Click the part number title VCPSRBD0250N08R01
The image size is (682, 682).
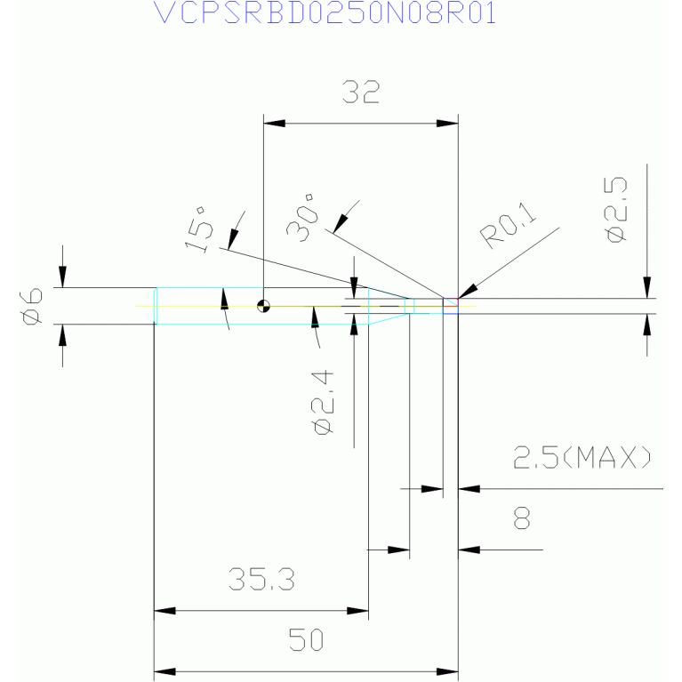(x=325, y=13)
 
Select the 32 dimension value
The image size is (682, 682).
(x=361, y=92)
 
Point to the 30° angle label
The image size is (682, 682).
(x=301, y=218)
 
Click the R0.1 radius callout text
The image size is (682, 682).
(x=508, y=226)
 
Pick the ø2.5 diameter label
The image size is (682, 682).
(x=616, y=210)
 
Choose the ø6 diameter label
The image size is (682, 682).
(x=32, y=306)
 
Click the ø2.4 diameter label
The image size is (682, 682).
(x=323, y=403)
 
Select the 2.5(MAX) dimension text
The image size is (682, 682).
(x=582, y=457)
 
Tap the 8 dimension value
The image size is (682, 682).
(x=522, y=518)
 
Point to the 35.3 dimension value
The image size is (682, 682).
(x=261, y=579)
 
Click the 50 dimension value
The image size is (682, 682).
(x=306, y=639)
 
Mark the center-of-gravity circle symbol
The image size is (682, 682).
(x=263, y=306)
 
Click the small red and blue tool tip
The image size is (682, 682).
(x=451, y=306)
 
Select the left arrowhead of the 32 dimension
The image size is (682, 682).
(x=274, y=124)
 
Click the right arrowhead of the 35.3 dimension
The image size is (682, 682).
(x=357, y=611)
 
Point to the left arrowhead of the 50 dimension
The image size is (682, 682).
(x=164, y=671)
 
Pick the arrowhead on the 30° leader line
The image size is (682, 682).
(x=341, y=224)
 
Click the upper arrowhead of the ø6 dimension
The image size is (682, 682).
(x=62, y=277)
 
